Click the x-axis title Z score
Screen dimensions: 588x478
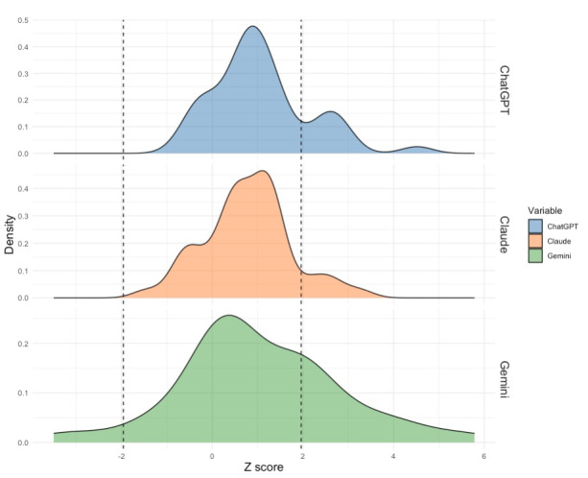pyautogui.click(x=264, y=467)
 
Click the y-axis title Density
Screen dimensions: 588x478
pyautogui.click(x=10, y=234)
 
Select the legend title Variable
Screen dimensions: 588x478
pyautogui.click(x=545, y=210)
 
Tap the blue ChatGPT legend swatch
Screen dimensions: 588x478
pyautogui.click(x=535, y=227)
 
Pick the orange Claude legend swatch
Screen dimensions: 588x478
pyautogui.click(x=535, y=241)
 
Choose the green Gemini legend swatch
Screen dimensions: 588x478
pyautogui.click(x=535, y=255)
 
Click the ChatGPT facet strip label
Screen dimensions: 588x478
pyautogui.click(x=505, y=90)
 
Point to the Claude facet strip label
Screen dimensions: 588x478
pyautogui.click(x=505, y=234)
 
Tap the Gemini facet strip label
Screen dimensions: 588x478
pyautogui.click(x=505, y=379)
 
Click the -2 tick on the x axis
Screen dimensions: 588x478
pyautogui.click(x=122, y=456)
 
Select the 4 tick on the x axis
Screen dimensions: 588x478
pyautogui.click(x=393, y=456)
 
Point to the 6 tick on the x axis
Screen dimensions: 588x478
pyautogui.click(x=484, y=456)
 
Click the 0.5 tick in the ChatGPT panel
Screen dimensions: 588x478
pyautogui.click(x=23, y=20)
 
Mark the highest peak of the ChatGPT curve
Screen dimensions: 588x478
pyautogui.click(x=253, y=26)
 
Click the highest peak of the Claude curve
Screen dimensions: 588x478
pyautogui.click(x=264, y=171)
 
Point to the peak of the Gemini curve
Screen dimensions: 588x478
pyautogui.click(x=228, y=316)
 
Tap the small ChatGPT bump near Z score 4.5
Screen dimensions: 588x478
pyautogui.click(x=418, y=147)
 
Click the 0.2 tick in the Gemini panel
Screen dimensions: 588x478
pyautogui.click(x=23, y=344)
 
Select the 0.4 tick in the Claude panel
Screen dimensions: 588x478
pyautogui.click(x=23, y=188)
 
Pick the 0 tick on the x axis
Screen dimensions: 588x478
pyautogui.click(x=212, y=456)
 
